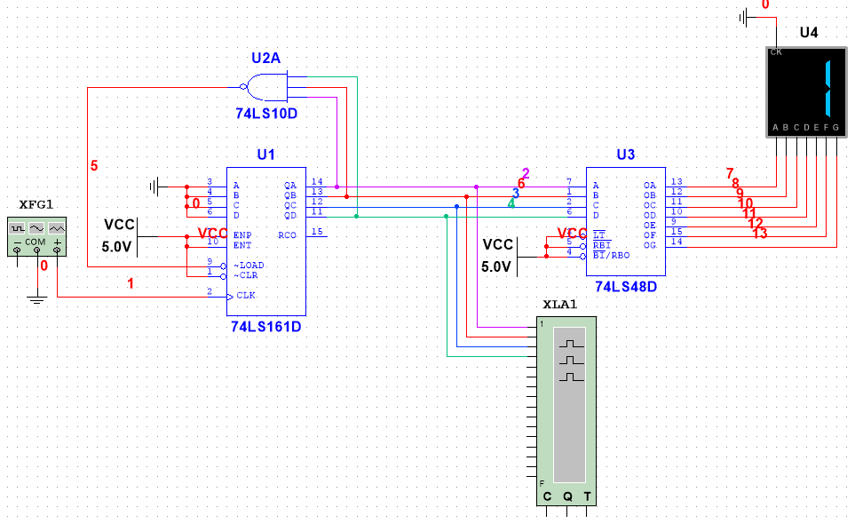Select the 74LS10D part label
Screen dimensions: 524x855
pyautogui.click(x=266, y=114)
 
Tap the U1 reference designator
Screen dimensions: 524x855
pyautogui.click(x=265, y=155)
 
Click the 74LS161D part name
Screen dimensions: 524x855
pyautogui.click(x=266, y=327)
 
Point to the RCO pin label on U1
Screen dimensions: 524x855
pyautogui.click(x=287, y=235)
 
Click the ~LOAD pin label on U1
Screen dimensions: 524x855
pyautogui.click(x=249, y=266)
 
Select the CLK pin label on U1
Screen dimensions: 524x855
pyautogui.click(x=245, y=295)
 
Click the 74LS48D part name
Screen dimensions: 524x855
pyautogui.click(x=626, y=287)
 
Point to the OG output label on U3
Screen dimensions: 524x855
pyautogui.click(x=649, y=244)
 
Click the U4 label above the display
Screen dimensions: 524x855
pyautogui.click(x=808, y=33)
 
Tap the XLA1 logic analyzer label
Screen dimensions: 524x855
pyautogui.click(x=560, y=304)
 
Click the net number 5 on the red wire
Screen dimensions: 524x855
pyautogui.click(x=94, y=165)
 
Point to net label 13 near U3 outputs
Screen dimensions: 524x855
pyautogui.click(x=759, y=234)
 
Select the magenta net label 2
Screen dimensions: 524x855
pyautogui.click(x=526, y=173)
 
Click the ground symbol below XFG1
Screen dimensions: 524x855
pyautogui.click(x=36, y=300)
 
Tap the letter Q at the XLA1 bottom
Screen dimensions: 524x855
pyautogui.click(x=568, y=496)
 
